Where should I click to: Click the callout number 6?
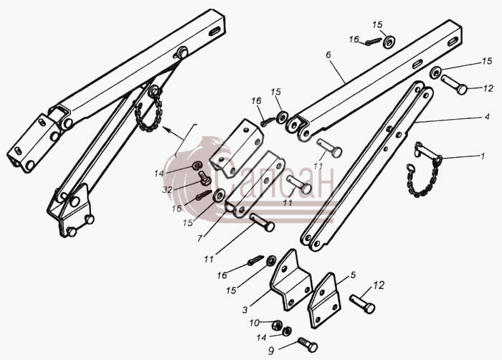coord(328,55)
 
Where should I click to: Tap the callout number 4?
coord(487,117)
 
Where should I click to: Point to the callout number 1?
coord(483,156)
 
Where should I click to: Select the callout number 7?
coord(199,238)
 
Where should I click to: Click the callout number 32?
coord(167,189)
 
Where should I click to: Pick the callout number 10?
coord(254,323)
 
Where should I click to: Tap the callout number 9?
coord(271,351)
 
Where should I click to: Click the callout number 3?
coord(245,310)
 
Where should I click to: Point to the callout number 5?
coord(353,275)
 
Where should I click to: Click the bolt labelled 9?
coord(308,345)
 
